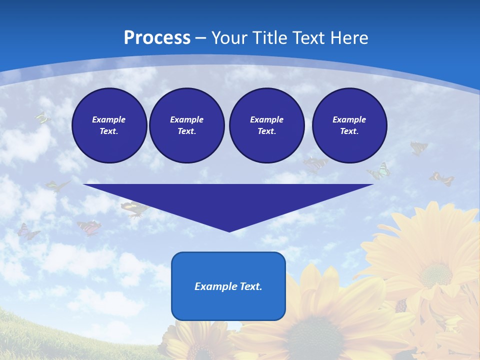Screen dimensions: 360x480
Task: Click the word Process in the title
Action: (x=157, y=37)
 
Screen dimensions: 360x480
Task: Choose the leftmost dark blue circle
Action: (x=109, y=125)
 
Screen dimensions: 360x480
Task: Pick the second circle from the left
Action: (x=186, y=125)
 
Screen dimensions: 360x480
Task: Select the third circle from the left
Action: (x=266, y=125)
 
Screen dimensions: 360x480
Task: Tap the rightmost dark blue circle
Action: (x=349, y=125)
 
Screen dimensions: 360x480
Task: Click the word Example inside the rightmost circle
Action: (x=349, y=119)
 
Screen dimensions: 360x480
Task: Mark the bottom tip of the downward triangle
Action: (x=229, y=231)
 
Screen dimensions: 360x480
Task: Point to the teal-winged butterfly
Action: (x=380, y=171)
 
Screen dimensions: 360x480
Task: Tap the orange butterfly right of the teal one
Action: (x=441, y=178)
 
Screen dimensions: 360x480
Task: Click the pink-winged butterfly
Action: (x=88, y=227)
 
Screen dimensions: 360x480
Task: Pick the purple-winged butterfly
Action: (x=28, y=231)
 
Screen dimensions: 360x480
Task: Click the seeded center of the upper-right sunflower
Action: (x=435, y=274)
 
